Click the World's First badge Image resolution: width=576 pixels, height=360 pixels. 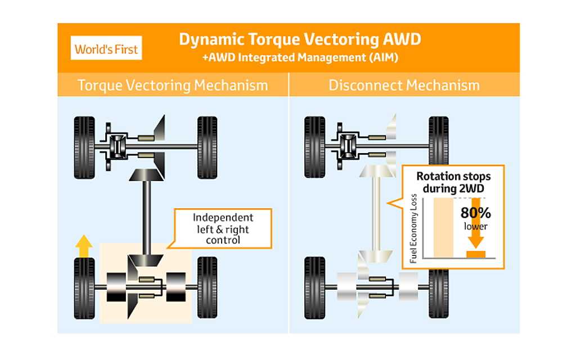(107, 49)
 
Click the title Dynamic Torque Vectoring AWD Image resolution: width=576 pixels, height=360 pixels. (299, 39)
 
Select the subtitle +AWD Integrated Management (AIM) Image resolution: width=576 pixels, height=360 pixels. (300, 57)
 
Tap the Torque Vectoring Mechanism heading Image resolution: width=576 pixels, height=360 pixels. (173, 85)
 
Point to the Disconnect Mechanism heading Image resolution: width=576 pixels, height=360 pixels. (404, 85)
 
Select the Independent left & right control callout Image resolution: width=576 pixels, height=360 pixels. (223, 228)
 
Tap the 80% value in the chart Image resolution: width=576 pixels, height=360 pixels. (476, 213)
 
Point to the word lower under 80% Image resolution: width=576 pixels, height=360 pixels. (476, 226)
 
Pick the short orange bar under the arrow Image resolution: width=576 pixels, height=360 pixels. (476, 254)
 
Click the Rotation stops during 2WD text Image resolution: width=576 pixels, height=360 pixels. (453, 182)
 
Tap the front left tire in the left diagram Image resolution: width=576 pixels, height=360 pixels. (84, 147)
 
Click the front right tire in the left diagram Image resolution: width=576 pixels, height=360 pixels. (207, 147)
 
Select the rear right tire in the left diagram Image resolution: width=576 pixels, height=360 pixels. (207, 287)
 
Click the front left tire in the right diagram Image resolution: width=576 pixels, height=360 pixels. (315, 147)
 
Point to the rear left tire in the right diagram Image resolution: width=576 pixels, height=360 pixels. (315, 287)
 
